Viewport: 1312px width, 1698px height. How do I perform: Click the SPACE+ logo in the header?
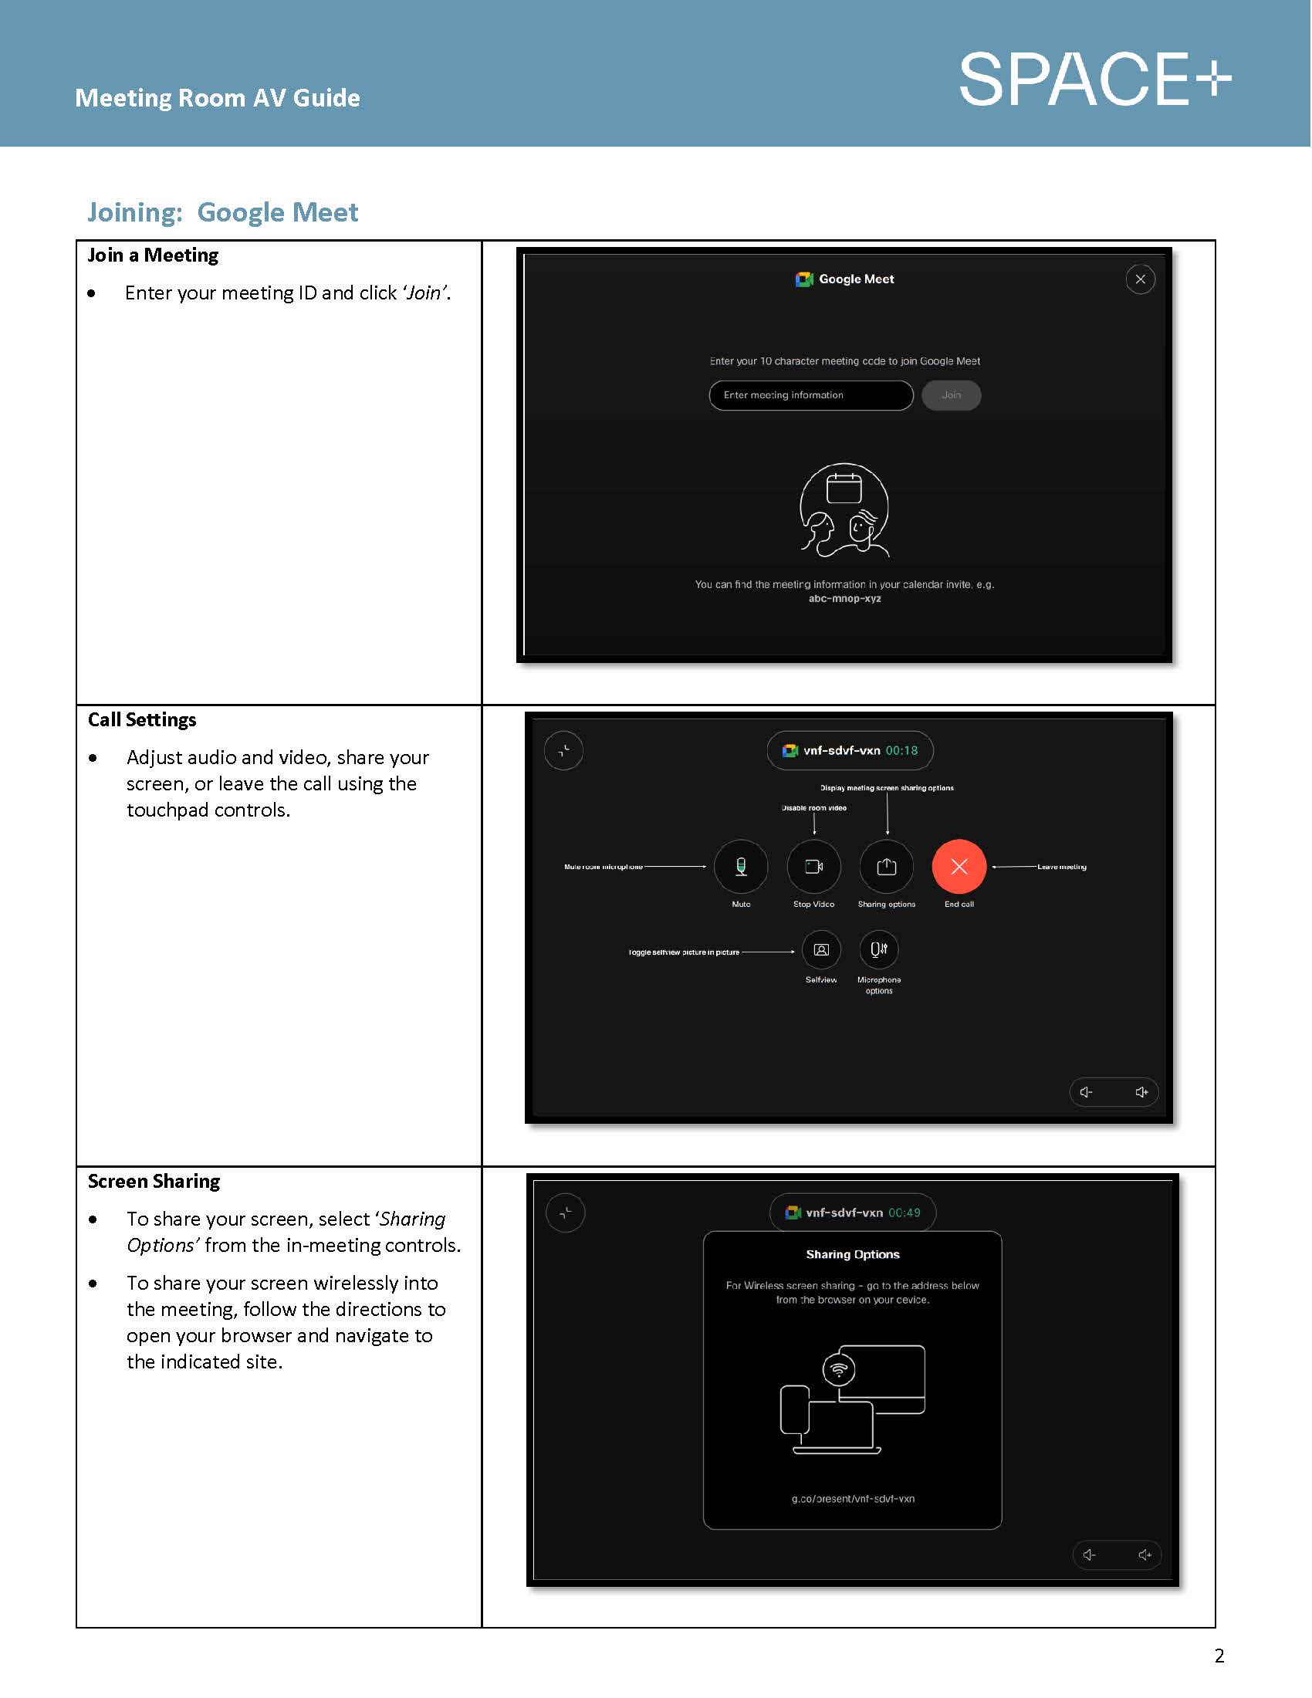[1094, 79]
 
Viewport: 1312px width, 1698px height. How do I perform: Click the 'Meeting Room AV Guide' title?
[218, 98]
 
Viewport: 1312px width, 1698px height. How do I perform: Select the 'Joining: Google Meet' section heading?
[222, 212]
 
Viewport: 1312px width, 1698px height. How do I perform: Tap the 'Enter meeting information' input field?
[810, 395]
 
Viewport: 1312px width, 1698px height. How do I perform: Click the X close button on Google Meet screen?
[1139, 279]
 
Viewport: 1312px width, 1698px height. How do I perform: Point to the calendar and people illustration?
[844, 510]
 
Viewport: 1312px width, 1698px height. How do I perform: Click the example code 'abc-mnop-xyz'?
[844, 599]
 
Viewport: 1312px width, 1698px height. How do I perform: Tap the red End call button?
[959, 866]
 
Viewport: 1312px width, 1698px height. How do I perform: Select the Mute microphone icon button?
[741, 866]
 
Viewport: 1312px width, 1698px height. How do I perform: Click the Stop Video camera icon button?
[813, 866]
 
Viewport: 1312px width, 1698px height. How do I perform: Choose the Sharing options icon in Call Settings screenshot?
[886, 866]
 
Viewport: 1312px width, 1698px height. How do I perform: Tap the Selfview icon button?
[821, 949]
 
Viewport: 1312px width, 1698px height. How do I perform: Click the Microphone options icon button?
[878, 949]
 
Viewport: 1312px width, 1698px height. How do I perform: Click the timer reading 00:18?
[901, 750]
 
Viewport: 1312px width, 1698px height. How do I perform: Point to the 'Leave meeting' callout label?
[1061, 866]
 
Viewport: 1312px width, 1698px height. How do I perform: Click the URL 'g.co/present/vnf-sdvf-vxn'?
[853, 1498]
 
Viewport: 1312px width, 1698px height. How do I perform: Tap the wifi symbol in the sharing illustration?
[838, 1369]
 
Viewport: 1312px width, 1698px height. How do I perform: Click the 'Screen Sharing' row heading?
[154, 1181]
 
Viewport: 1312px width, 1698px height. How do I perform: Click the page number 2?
[1219, 1656]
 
